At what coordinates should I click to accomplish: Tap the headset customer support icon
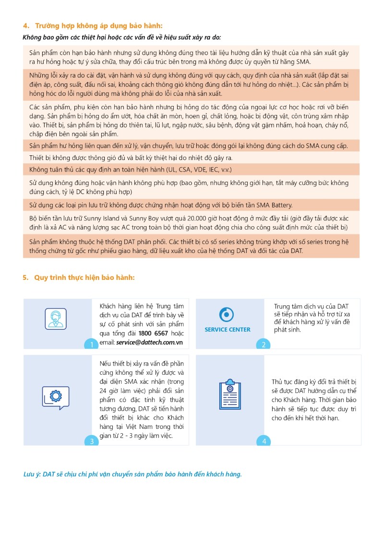[x=56, y=317]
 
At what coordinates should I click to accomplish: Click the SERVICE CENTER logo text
[x=228, y=329]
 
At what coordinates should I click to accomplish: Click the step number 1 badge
[x=92, y=344]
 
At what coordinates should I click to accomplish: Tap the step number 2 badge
[x=264, y=344]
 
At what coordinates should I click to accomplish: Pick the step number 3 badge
[x=92, y=441]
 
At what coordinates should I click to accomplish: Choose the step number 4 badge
[x=264, y=441]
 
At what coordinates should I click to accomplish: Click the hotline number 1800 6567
[x=154, y=334]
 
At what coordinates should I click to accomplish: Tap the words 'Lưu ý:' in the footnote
[x=32, y=474]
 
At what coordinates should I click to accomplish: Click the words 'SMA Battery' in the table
[x=274, y=205]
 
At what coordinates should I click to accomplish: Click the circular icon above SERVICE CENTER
[x=227, y=314]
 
